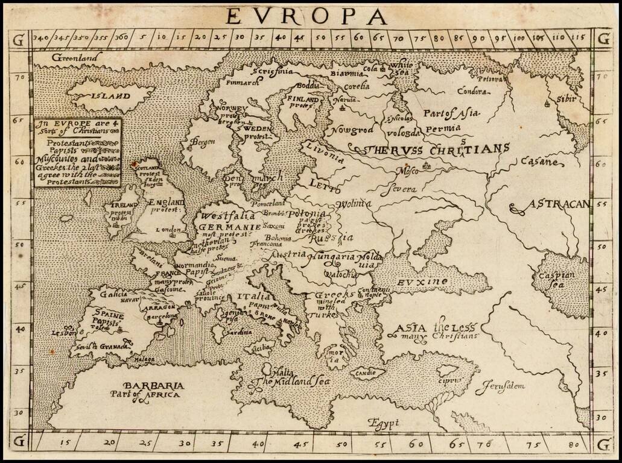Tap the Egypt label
tap(379, 423)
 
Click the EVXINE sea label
tap(422, 282)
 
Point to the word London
tap(168, 230)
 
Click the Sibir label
tap(566, 98)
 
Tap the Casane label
tap(539, 162)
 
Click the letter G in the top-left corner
tap(19, 40)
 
